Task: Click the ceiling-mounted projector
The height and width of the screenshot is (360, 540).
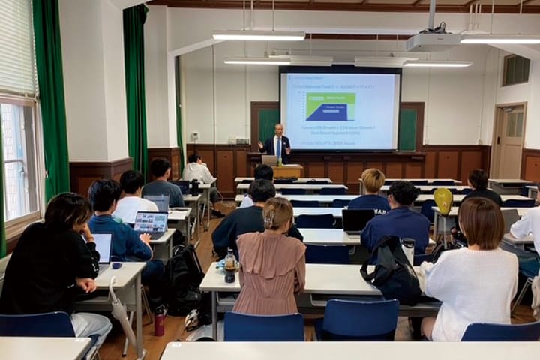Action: coord(434,41)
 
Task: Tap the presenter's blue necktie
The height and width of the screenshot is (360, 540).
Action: coord(278,148)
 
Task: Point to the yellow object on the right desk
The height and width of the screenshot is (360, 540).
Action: coord(443,201)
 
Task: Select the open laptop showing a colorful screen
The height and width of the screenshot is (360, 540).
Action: coord(151,222)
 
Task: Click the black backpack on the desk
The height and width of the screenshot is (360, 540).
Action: coord(391,271)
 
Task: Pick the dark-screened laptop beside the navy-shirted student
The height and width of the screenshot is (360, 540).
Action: coord(356,220)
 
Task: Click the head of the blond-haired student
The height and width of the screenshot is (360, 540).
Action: coord(373,181)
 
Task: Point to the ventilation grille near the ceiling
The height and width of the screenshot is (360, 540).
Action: coord(516,70)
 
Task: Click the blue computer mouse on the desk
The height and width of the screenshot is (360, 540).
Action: coord(116,265)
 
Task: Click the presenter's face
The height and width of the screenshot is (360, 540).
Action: coord(278,130)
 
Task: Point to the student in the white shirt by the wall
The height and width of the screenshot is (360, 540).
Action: coord(199,172)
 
